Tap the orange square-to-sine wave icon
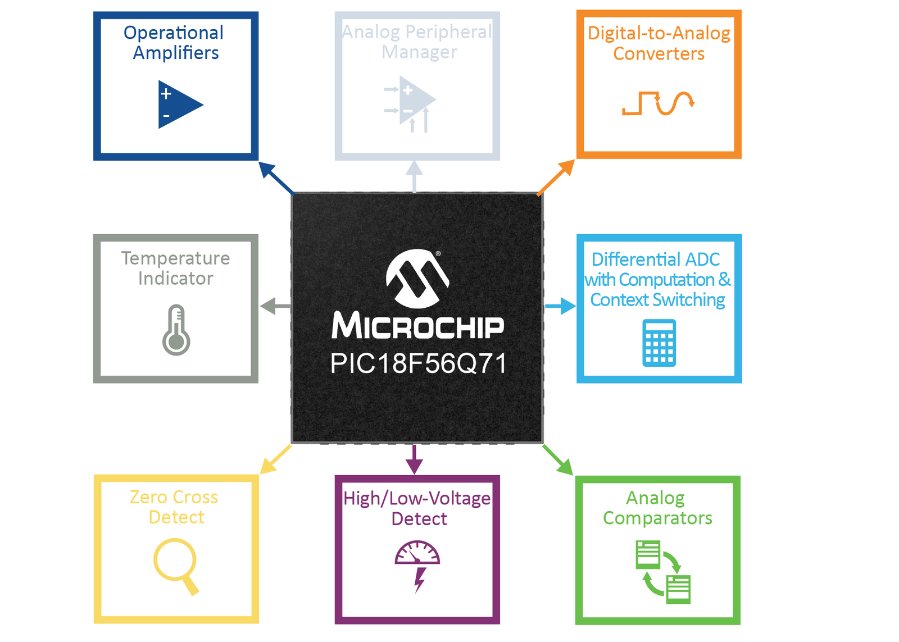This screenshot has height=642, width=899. click(658, 103)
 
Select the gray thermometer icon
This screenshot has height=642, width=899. click(176, 330)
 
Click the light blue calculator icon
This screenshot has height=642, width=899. click(659, 343)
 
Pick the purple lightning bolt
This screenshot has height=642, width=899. click(420, 580)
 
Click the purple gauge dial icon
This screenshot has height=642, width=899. click(417, 553)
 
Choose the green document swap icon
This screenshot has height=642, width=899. click(663, 572)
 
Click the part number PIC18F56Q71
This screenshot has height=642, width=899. click(418, 363)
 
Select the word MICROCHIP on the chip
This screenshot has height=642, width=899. click(417, 325)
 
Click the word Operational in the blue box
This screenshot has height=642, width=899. click(174, 33)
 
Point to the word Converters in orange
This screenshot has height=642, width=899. click(659, 53)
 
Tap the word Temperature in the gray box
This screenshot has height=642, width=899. click(175, 258)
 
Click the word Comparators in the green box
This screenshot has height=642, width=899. click(657, 518)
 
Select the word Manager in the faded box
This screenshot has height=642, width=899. click(419, 52)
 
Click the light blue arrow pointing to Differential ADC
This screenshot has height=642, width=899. click(560, 306)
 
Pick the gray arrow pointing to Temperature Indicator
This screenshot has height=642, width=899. click(276, 306)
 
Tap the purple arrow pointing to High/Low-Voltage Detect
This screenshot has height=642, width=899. click(414, 459)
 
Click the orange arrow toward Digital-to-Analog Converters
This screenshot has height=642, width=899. click(556, 177)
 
